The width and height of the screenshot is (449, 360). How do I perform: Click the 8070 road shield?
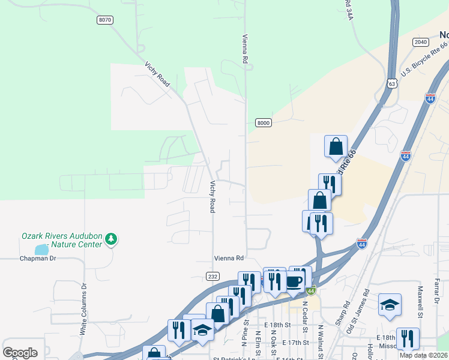104,20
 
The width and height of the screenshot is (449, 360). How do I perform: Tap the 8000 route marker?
264,123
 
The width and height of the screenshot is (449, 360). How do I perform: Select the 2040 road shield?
420,42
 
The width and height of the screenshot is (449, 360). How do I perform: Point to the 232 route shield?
212,276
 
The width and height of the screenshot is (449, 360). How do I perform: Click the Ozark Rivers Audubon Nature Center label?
62,240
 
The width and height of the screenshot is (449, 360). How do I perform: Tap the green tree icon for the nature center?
110,240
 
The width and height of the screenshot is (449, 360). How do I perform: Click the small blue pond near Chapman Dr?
41,249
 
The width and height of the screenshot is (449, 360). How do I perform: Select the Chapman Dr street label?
37,259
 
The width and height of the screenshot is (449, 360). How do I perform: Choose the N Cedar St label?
305,316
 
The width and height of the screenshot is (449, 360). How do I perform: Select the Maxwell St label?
420,303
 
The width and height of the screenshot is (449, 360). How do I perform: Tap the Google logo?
20,353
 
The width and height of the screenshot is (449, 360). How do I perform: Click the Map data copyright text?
424,355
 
